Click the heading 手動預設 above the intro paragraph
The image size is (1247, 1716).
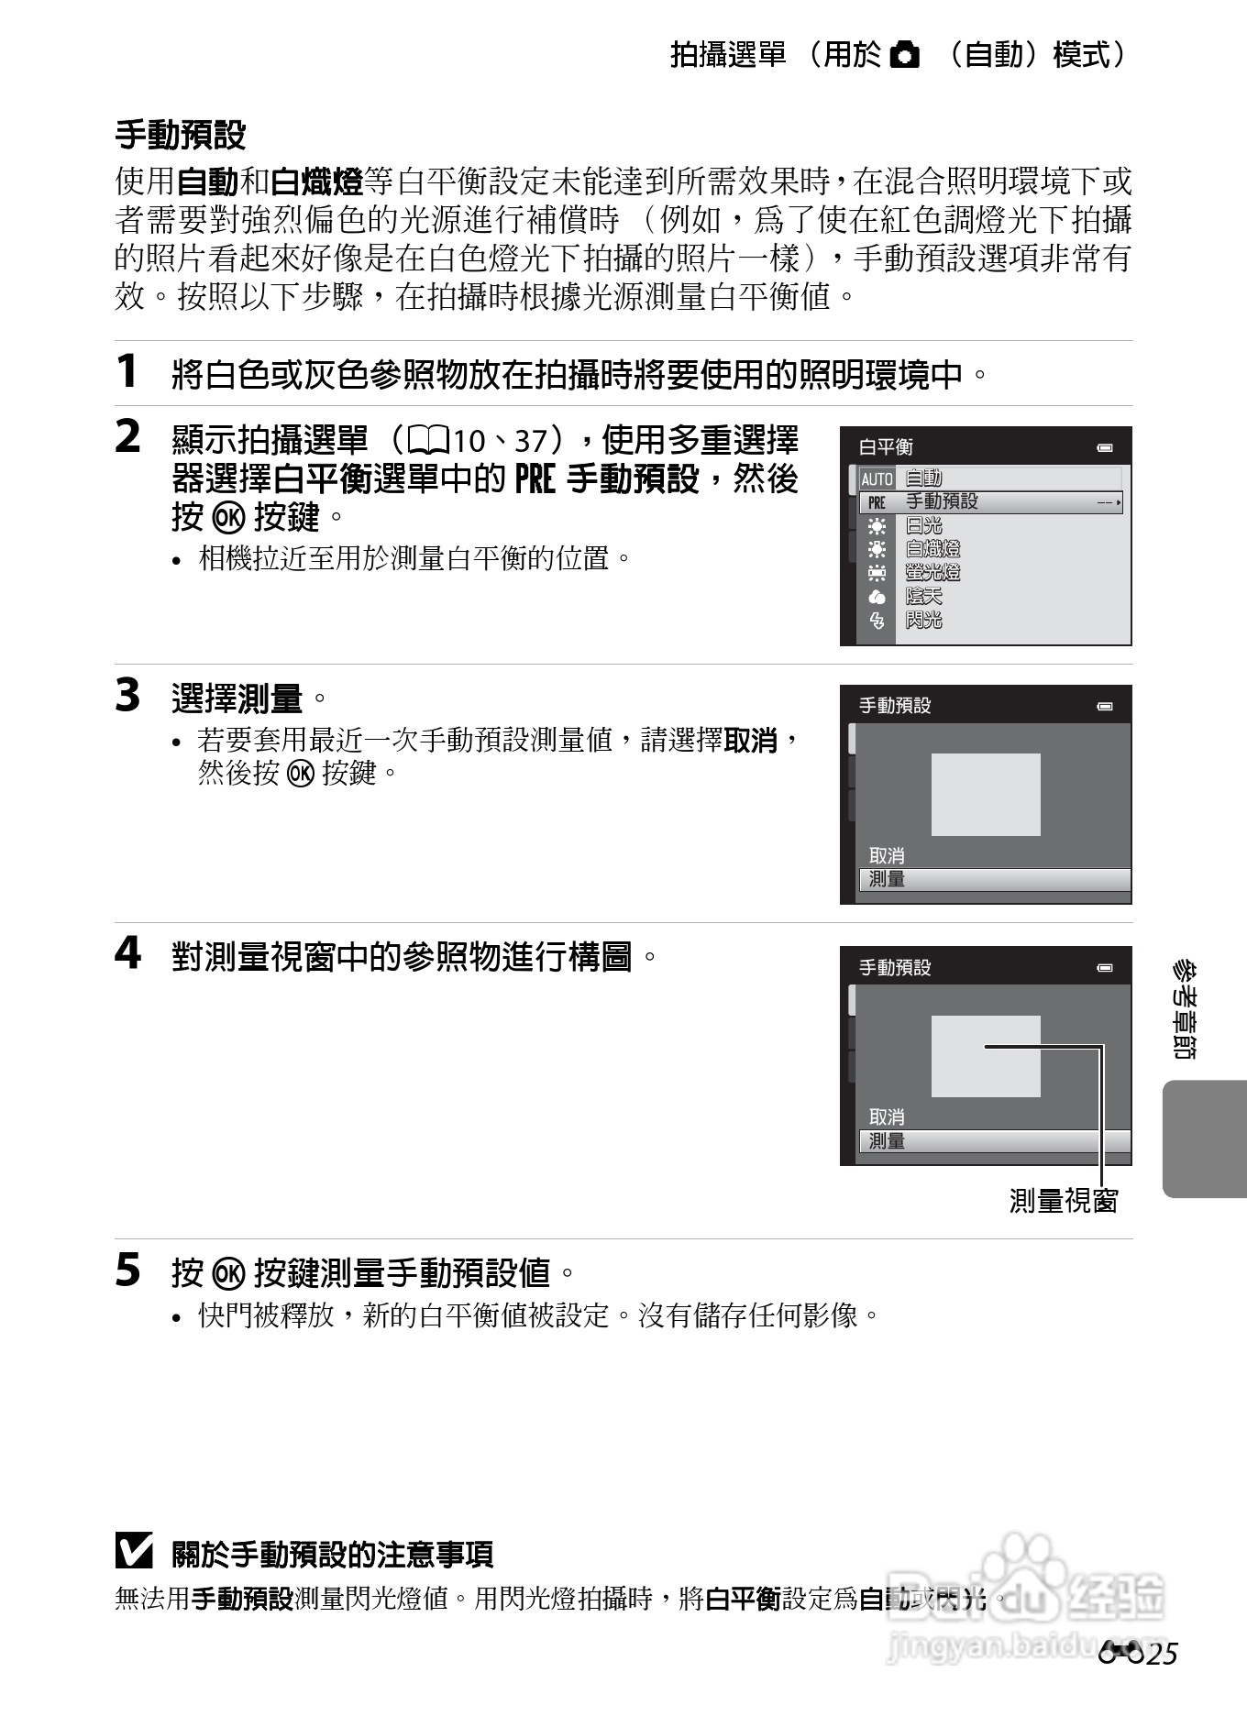[x=181, y=135]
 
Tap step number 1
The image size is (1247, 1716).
[x=127, y=371]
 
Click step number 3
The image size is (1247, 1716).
[x=127, y=695]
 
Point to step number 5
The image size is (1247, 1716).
[x=127, y=1270]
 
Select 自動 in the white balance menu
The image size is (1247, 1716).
[x=923, y=478]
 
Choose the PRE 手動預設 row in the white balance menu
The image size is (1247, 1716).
[x=990, y=501]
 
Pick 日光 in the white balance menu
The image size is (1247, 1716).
[x=923, y=525]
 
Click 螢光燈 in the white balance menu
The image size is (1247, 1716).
[x=932, y=573]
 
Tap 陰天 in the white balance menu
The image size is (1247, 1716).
[x=923, y=597]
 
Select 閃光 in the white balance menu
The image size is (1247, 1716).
[x=923, y=621]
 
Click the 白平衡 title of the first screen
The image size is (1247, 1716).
[x=886, y=447]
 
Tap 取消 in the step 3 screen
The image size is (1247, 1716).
[x=887, y=855]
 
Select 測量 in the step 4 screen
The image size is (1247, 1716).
[x=887, y=1141]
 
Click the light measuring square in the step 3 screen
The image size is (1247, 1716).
[x=986, y=795]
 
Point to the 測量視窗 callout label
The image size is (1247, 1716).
[x=1064, y=1201]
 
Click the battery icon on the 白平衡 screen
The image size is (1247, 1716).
[x=1105, y=448]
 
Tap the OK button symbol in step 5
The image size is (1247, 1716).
[x=228, y=1272]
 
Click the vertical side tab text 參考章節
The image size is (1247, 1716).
[x=1185, y=1009]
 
